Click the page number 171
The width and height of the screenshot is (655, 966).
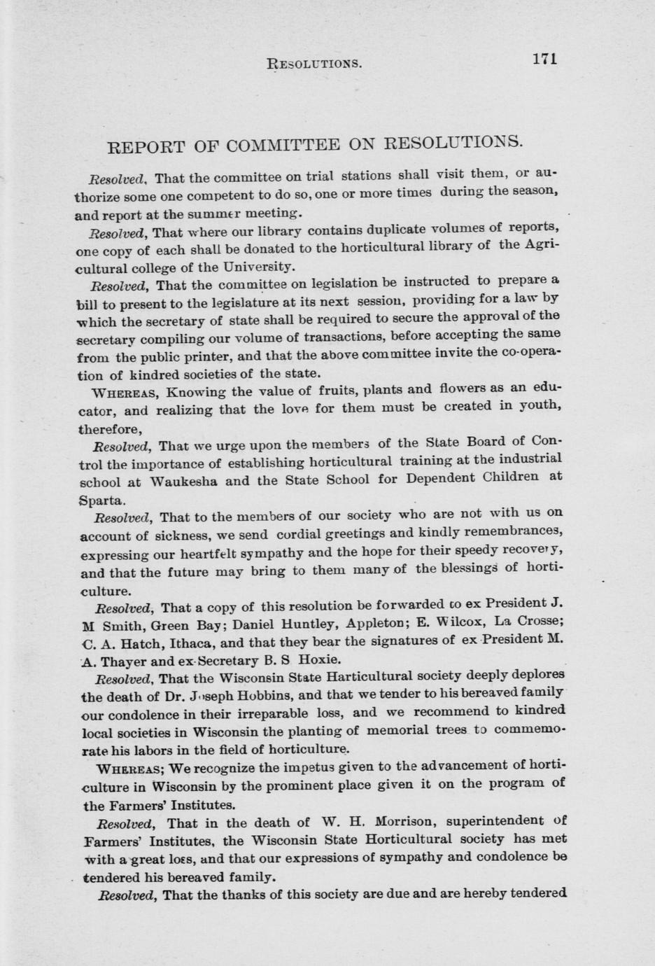[544, 59]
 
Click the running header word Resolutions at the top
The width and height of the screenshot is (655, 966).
[314, 64]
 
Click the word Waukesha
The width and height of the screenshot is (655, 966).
[185, 482]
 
